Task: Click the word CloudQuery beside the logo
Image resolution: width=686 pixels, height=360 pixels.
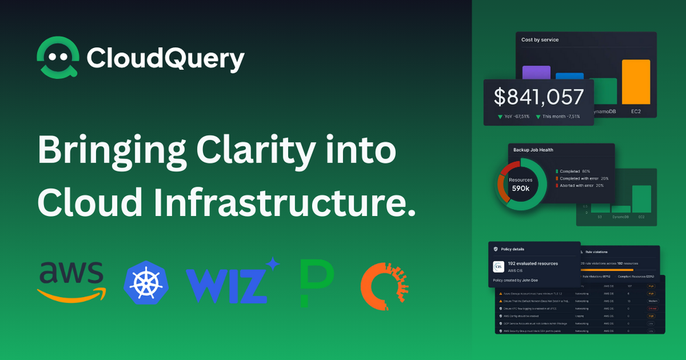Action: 165,59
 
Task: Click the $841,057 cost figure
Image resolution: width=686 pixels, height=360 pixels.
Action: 539,97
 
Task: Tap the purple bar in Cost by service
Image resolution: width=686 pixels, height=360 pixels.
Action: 536,73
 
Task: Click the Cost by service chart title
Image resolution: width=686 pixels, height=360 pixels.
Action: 540,40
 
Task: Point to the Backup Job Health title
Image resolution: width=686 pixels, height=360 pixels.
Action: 533,149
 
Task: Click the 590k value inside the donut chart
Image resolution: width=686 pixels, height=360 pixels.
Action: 521,188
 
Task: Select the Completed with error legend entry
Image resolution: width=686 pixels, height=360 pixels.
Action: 584,178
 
